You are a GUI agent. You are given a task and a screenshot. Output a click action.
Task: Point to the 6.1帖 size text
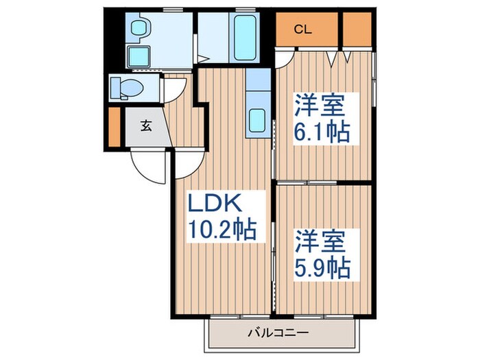tap(322, 131)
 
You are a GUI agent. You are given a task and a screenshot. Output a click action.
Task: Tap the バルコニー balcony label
tap(280, 335)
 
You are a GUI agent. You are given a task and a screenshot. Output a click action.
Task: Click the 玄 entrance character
tap(146, 125)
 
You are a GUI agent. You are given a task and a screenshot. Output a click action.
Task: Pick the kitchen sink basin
tap(257, 121)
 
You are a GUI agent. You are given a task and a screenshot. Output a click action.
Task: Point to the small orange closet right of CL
tap(356, 29)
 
